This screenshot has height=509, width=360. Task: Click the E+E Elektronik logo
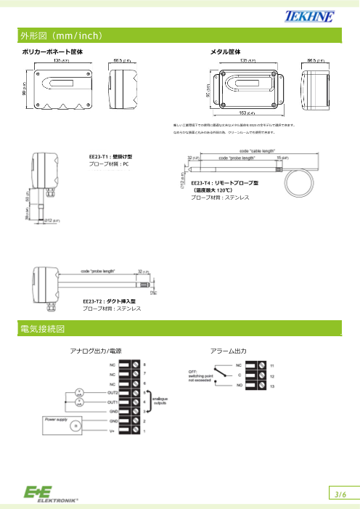pos(51,494)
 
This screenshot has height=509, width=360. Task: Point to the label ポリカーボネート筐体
pos(52,52)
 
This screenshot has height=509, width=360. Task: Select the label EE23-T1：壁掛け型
pos(106,156)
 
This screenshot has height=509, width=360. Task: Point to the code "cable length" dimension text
pos(255,150)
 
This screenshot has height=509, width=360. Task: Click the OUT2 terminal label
pos(112,392)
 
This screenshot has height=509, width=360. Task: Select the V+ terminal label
pos(112,431)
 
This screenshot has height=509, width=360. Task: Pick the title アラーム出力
pos(229,351)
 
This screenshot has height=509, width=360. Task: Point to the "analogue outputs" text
pos(162,401)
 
